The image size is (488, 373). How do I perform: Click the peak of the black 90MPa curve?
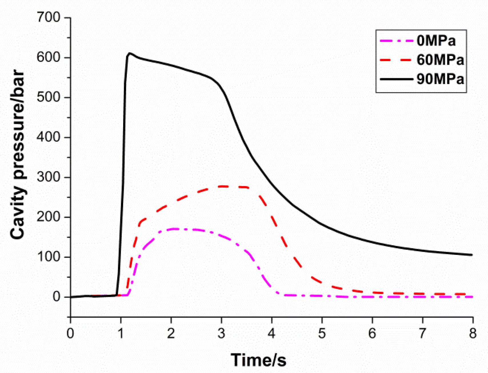pos(130,53)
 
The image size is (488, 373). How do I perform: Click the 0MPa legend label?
pos(436,41)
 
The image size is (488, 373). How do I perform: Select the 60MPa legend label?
pos(440,60)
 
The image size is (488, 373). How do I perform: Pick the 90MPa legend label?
pos(440,79)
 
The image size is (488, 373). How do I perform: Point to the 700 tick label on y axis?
pos(49,18)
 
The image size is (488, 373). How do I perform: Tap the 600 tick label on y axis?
pos(49,58)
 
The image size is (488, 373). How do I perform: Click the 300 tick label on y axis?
pos(49,177)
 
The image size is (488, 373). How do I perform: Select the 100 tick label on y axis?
pos(49,257)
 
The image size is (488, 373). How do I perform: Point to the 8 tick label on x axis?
pos(473,333)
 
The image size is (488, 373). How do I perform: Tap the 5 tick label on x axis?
pos(322,333)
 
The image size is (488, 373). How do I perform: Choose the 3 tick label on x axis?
pos(221,333)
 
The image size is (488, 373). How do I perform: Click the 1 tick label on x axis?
pos(121,333)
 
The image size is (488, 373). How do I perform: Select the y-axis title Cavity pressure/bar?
pos(18,156)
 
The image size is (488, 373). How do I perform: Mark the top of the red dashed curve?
pos(226,186)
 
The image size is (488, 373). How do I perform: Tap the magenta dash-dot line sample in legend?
pos(397,41)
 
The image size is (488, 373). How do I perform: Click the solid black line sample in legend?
pos(397,79)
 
